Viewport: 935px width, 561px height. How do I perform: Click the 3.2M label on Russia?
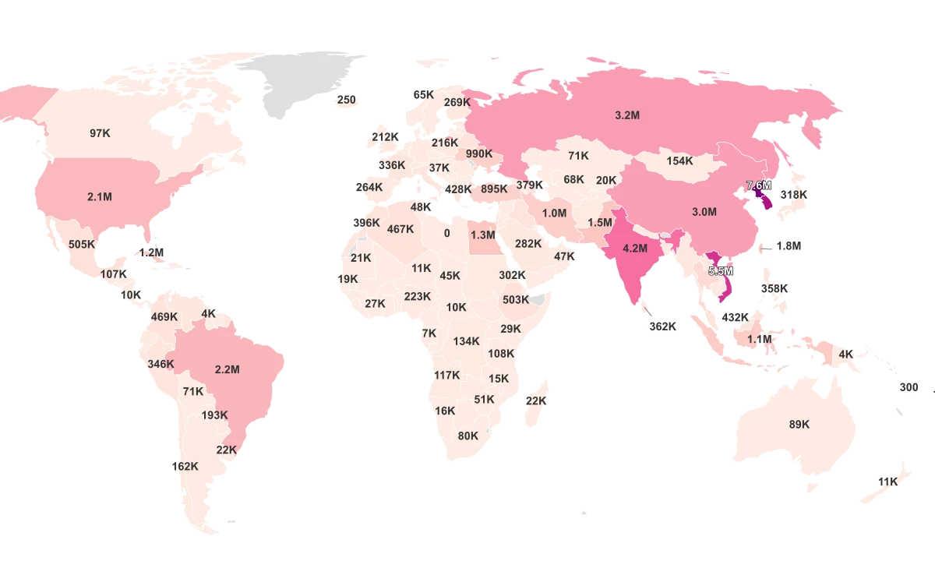pyautogui.click(x=626, y=115)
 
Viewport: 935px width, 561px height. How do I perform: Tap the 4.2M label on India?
pyautogui.click(x=635, y=249)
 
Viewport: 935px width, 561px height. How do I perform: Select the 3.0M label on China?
pyautogui.click(x=704, y=212)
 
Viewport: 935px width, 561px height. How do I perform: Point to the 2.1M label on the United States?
pyautogui.click(x=100, y=197)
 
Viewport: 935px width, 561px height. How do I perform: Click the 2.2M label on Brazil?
pyautogui.click(x=227, y=369)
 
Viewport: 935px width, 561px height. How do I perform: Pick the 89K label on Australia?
pyautogui.click(x=799, y=425)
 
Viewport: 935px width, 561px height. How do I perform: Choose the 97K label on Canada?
pyautogui.click(x=100, y=133)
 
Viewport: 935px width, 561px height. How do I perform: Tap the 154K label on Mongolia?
pyautogui.click(x=679, y=161)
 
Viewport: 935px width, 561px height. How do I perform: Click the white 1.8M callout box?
pyautogui.click(x=788, y=246)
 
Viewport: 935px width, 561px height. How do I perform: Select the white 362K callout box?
pyautogui.click(x=662, y=326)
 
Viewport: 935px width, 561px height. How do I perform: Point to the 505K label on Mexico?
pyautogui.click(x=81, y=244)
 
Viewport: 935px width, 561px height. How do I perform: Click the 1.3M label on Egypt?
pyautogui.click(x=483, y=235)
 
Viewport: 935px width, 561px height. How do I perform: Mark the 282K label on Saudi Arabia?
pyautogui.click(x=528, y=244)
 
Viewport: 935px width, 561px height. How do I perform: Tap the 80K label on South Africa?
pyautogui.click(x=468, y=436)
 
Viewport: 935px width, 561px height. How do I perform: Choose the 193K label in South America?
pyautogui.click(x=214, y=415)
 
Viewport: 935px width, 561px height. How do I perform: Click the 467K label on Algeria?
pyautogui.click(x=400, y=229)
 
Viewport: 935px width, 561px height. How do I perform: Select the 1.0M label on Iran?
pyautogui.click(x=554, y=213)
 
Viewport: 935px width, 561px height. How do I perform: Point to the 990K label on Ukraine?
pyautogui.click(x=479, y=153)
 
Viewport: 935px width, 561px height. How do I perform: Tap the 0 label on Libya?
pyautogui.click(x=447, y=233)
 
